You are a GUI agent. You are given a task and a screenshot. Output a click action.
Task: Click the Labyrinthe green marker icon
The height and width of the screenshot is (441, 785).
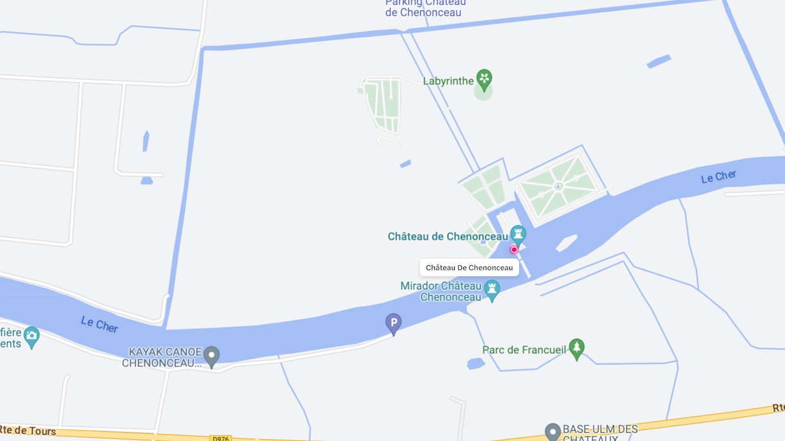pos(484,80)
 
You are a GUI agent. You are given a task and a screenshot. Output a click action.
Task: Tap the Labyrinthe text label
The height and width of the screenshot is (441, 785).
pos(448,81)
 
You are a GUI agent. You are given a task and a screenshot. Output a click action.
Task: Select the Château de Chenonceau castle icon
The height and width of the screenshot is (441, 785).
pos(518,234)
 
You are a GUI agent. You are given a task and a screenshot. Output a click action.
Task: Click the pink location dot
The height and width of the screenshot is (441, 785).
pos(514,249)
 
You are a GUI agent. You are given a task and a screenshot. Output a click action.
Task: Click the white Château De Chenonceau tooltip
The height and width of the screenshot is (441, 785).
pos(469,268)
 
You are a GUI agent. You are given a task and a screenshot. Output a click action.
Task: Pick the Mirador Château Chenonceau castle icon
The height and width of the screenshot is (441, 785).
pos(492,289)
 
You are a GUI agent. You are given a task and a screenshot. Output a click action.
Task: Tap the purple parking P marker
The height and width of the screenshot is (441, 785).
pos(393,322)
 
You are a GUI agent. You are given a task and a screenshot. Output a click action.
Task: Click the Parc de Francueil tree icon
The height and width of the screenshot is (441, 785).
pos(577,348)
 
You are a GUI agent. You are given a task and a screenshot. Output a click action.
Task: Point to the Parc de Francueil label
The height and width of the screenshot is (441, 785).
pos(524,350)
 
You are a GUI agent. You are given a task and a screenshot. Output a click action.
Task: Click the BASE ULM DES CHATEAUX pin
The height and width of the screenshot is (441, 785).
pos(552,431)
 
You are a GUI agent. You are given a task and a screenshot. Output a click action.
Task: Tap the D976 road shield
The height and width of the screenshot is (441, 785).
pos(220,438)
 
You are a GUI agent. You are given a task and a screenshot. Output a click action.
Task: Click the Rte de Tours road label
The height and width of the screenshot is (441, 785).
pos(28,431)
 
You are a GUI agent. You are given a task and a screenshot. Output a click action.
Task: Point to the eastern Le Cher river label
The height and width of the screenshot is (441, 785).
pos(718,177)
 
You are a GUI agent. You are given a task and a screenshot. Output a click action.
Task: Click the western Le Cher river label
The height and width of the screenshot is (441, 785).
pos(100,324)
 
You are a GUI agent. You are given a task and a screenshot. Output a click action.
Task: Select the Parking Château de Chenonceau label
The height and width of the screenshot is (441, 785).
pos(425,7)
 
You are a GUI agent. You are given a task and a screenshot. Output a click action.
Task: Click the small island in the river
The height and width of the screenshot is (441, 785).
pos(566,243)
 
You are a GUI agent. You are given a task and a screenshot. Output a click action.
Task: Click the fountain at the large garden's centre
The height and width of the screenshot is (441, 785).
pos(558,187)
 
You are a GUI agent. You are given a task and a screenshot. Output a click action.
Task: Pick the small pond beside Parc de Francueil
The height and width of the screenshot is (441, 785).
pos(476,363)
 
